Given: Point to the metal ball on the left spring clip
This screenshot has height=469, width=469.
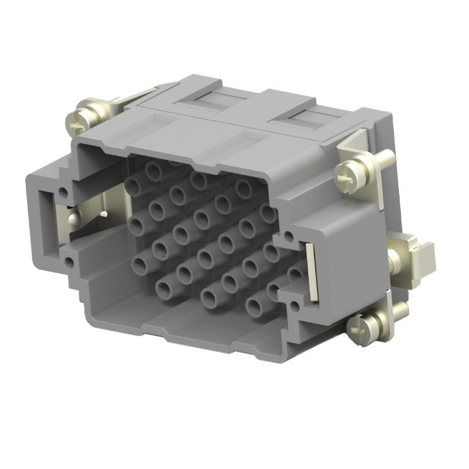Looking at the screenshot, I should click(74, 219).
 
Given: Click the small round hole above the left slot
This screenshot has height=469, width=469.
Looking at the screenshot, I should click(63, 189).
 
